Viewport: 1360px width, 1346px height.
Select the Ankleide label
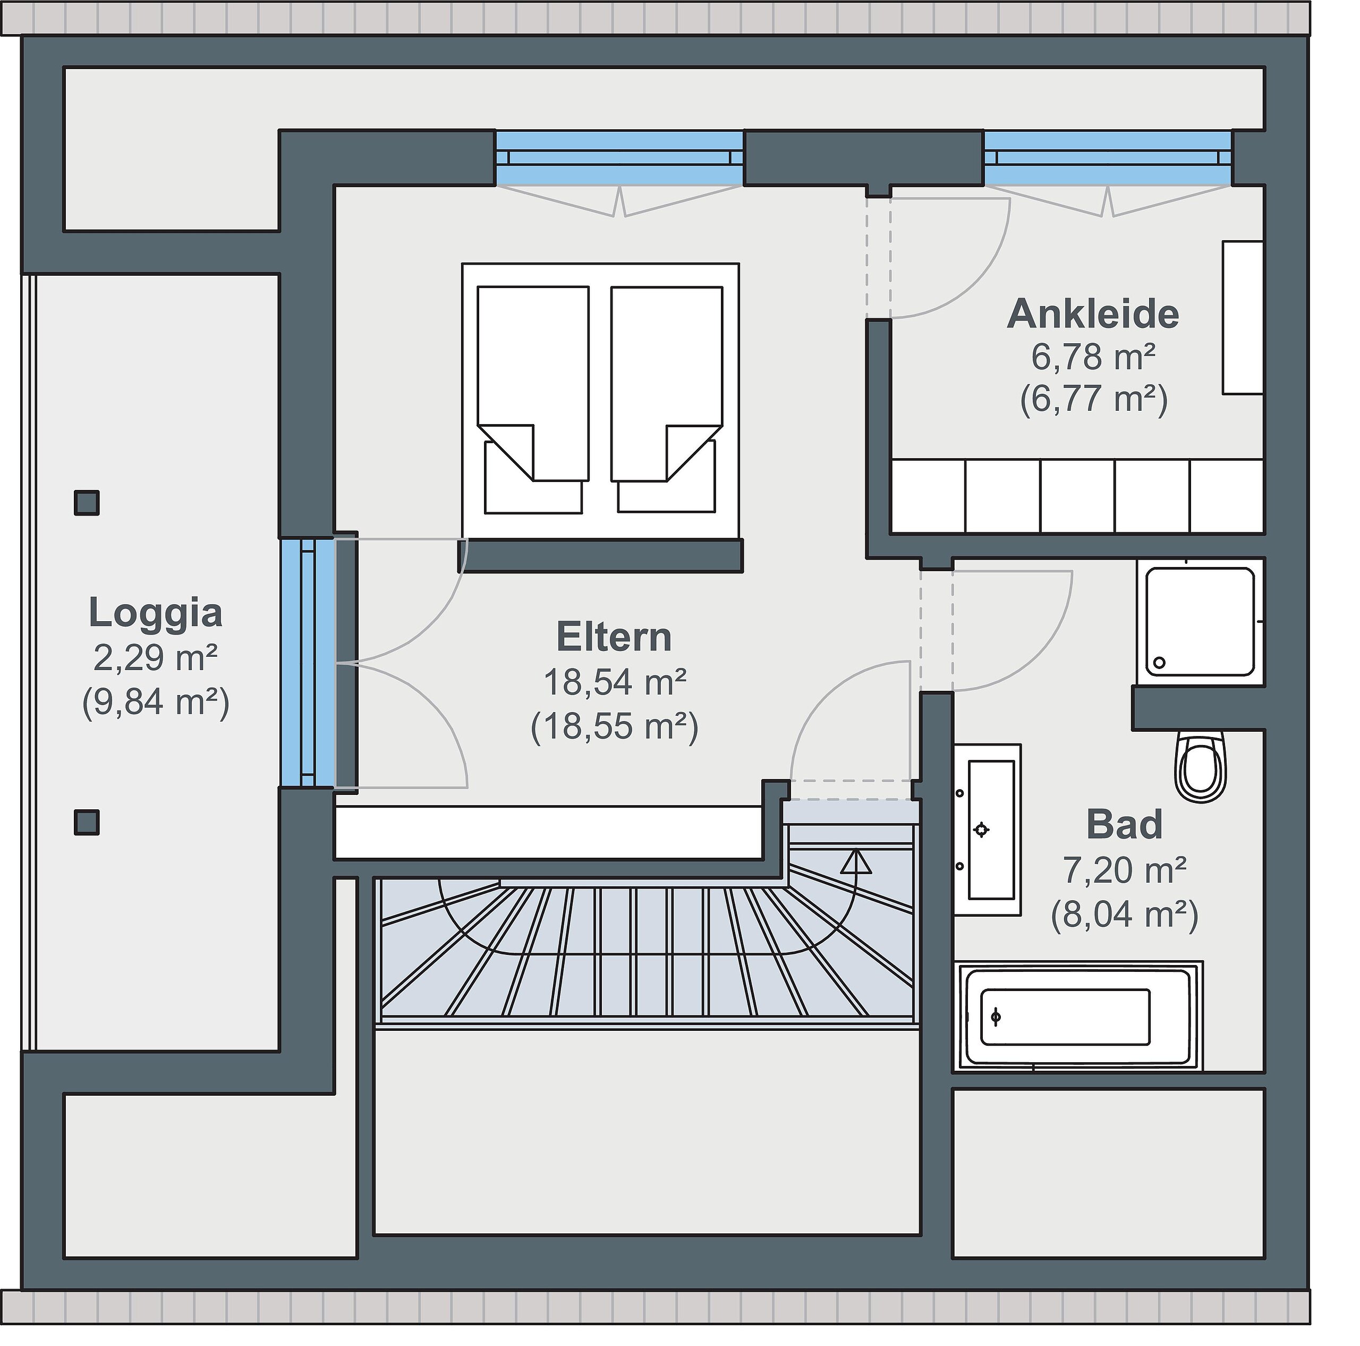coord(1093,314)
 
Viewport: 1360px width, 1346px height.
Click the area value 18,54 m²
coord(615,682)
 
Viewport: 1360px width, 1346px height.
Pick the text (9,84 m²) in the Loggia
coord(156,702)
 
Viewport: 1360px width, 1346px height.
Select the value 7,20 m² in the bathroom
coord(1125,871)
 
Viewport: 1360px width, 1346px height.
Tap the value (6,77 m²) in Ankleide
coord(1094,399)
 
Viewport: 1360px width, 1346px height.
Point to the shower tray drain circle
coord(1159,663)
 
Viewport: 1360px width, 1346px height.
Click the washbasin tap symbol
coord(981,830)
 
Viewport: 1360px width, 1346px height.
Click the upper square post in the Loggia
coord(87,503)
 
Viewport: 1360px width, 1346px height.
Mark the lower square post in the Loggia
coord(87,822)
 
